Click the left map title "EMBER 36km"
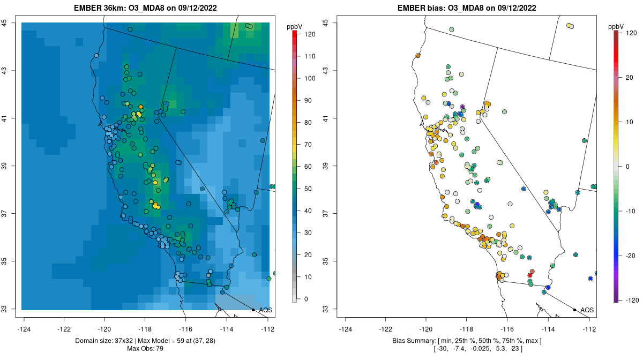pos(99,8)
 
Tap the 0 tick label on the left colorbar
pos(306,299)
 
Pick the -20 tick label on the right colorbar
pos(627,255)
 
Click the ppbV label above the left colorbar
pos(295,27)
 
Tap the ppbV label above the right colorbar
pos(617,27)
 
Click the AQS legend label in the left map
pos(265,310)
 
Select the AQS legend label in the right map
pos(587,310)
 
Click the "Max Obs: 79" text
pos(145,349)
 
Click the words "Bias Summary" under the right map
pos(412,341)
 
